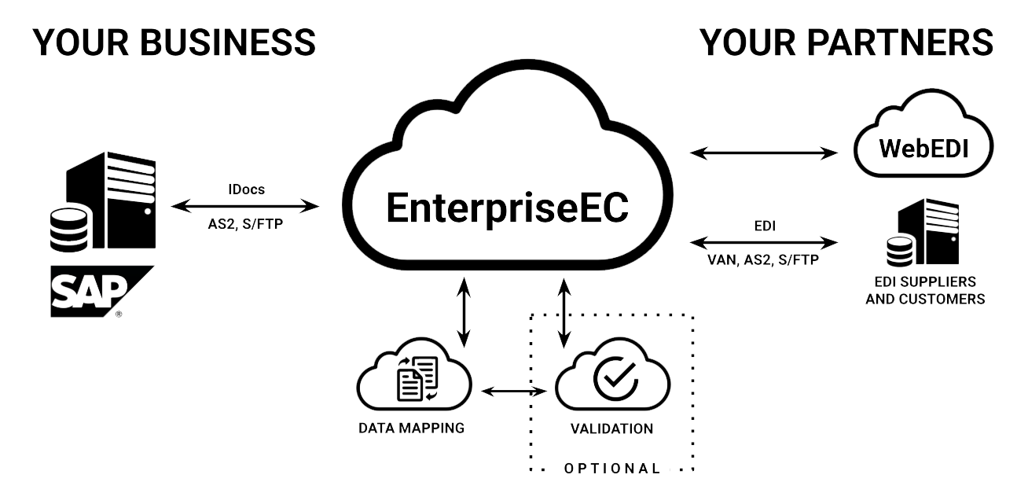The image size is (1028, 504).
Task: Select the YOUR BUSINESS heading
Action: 174,44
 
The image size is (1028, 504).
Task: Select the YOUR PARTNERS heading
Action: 848,44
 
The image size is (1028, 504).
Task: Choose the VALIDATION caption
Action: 611,429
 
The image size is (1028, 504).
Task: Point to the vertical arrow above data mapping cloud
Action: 464,311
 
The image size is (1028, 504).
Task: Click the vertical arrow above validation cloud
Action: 564,311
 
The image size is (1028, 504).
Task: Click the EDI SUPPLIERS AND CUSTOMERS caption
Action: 924,289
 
